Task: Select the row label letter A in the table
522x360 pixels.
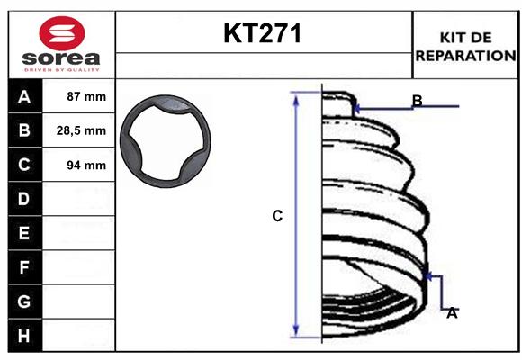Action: pyautogui.click(x=23, y=96)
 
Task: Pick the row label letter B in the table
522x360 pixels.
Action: pyautogui.click(x=23, y=130)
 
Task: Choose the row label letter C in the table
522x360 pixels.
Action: pyautogui.click(x=23, y=165)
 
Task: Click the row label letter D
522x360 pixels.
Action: pyautogui.click(x=23, y=199)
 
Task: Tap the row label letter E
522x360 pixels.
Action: pyautogui.click(x=23, y=233)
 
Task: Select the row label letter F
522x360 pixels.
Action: pyautogui.click(x=23, y=267)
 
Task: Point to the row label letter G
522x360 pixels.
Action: pyautogui.click(x=23, y=301)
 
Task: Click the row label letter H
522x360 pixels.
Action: pyautogui.click(x=23, y=336)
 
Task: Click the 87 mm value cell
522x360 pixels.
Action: pyautogui.click(x=86, y=96)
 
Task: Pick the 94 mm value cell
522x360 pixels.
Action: pyautogui.click(x=86, y=165)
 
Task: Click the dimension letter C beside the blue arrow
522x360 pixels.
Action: pyautogui.click(x=278, y=216)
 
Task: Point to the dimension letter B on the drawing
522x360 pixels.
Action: pyautogui.click(x=417, y=100)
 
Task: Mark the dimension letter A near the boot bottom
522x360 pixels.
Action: pyautogui.click(x=452, y=312)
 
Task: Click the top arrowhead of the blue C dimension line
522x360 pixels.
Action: pyautogui.click(x=296, y=96)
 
